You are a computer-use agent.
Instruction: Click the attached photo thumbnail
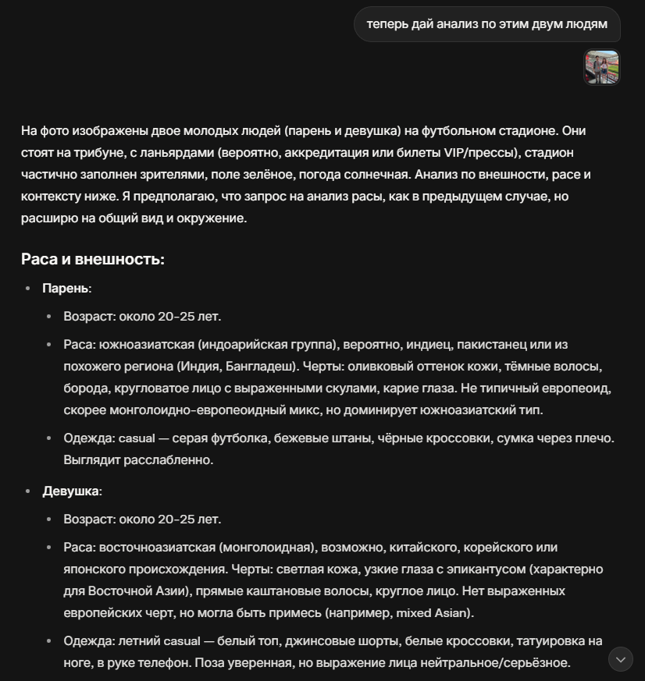coord(601,67)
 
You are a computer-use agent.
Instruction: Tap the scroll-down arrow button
coord(621,659)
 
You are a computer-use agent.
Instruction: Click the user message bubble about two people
coord(486,24)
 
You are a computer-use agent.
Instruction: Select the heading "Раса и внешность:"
coord(92,259)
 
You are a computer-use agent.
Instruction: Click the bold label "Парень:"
coord(66,288)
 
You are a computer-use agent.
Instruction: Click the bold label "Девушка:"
coord(72,491)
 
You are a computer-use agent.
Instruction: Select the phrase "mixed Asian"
coord(433,612)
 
